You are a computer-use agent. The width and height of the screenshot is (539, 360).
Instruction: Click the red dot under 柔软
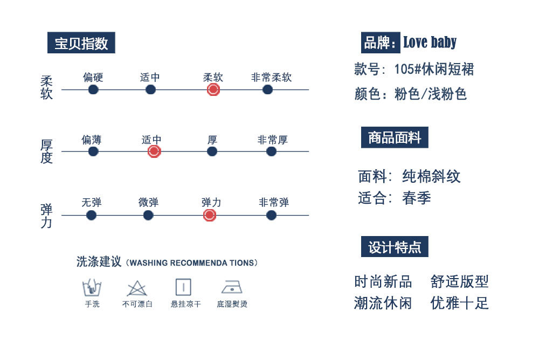[213, 89]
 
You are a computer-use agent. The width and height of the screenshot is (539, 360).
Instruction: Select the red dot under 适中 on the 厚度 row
[154, 151]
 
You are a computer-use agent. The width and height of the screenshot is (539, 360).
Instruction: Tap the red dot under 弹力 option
[210, 216]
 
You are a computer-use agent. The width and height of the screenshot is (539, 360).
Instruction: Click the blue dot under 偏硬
[93, 89]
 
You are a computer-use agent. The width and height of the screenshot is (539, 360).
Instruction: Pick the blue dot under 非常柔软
[267, 89]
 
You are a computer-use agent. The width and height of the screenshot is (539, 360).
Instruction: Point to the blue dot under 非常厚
[271, 151]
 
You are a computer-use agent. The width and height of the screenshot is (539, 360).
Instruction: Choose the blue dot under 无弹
[92, 216]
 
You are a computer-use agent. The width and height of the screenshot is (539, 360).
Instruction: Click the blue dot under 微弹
[148, 216]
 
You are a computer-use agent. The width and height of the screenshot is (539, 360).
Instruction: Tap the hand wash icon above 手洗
[92, 287]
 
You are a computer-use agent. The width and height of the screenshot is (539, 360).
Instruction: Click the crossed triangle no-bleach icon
[136, 288]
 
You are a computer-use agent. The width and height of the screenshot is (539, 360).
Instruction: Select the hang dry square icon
[183, 287]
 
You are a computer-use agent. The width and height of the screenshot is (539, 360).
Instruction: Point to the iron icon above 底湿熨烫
[232, 287]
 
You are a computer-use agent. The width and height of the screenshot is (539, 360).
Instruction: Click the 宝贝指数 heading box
[81, 43]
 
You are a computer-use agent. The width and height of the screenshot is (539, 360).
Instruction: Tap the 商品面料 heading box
[395, 138]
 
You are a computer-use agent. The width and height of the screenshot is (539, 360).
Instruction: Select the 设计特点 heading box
[395, 247]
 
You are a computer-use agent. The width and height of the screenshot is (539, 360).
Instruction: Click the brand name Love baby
[430, 42]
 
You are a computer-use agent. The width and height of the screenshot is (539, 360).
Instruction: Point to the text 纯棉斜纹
[431, 176]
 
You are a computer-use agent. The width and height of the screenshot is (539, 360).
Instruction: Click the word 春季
[417, 198]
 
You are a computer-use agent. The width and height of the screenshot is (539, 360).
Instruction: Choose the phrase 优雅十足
[459, 303]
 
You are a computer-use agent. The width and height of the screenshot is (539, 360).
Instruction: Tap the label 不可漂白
[137, 304]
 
